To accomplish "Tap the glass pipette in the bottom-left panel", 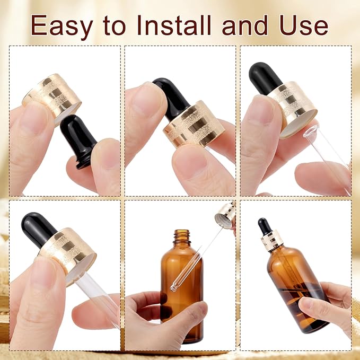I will (99, 297).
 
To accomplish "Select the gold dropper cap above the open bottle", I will (225, 215).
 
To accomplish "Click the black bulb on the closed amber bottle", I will (264, 226).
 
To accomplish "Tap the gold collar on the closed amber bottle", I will (272, 241).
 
